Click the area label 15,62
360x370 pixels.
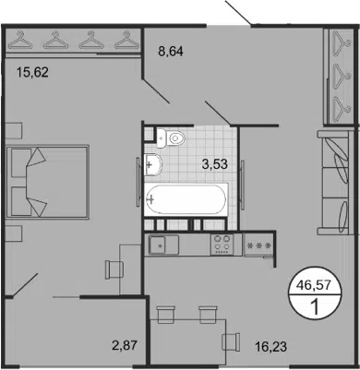click(x=33, y=73)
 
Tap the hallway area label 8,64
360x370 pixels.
click(x=171, y=52)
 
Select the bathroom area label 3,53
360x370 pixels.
click(x=215, y=164)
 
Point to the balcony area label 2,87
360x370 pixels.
click(x=125, y=345)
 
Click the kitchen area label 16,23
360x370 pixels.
click(x=270, y=347)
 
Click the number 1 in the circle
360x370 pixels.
click(x=315, y=307)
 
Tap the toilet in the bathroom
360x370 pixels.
click(x=171, y=138)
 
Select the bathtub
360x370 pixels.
click(x=186, y=199)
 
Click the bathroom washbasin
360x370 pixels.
click(x=152, y=164)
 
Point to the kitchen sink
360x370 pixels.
click(x=163, y=245)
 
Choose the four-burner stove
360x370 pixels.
click(x=222, y=245)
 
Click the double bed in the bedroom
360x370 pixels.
click(x=48, y=182)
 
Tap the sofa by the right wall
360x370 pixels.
click(x=334, y=183)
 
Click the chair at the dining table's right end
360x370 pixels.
click(x=231, y=341)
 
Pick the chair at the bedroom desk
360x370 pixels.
click(x=114, y=269)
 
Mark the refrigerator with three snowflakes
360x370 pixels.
click(x=258, y=245)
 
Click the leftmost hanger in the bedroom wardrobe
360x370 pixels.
click(x=20, y=40)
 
